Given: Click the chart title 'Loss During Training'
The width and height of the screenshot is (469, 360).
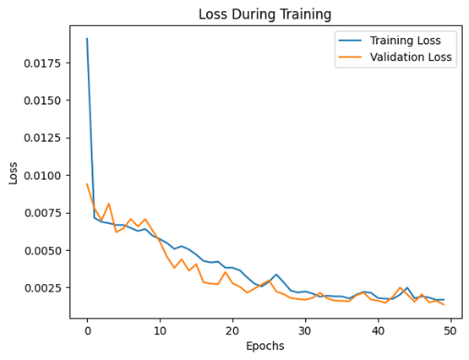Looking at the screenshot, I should (x=264, y=14).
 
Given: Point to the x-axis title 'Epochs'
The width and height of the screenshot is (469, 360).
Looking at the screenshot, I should (x=264, y=346).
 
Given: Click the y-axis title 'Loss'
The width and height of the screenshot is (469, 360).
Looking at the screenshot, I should (x=13, y=172).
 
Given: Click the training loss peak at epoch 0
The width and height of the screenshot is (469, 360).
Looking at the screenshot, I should (x=87, y=39).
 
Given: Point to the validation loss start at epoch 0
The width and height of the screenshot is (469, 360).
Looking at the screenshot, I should (x=87, y=184).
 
